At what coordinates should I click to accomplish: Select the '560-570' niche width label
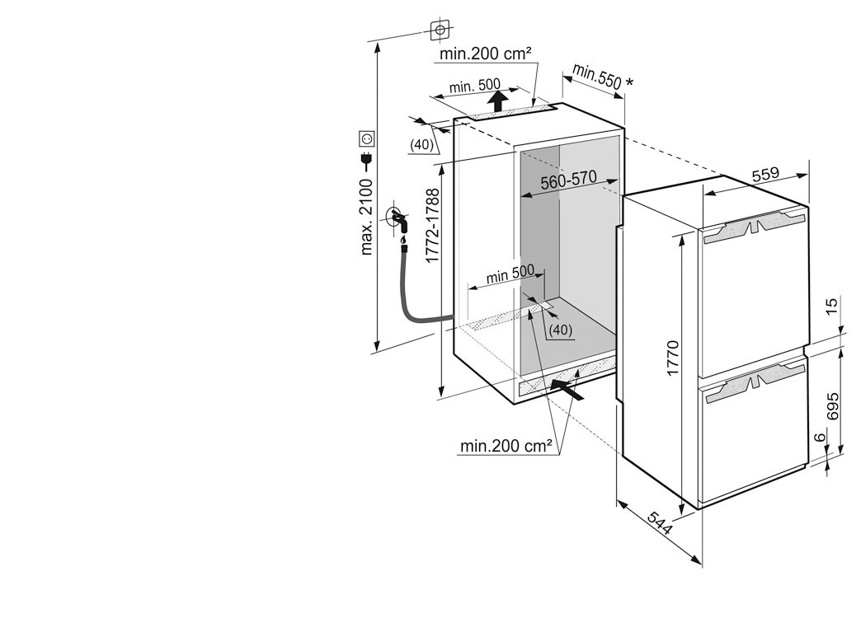tap(569, 182)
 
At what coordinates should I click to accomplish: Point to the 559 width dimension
tap(765, 176)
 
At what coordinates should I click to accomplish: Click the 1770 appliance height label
tap(672, 358)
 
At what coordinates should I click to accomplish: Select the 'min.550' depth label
tap(599, 76)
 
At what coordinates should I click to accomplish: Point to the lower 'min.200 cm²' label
tap(506, 446)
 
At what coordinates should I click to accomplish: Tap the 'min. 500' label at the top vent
tap(474, 87)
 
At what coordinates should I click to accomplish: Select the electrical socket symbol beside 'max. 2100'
tap(366, 139)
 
